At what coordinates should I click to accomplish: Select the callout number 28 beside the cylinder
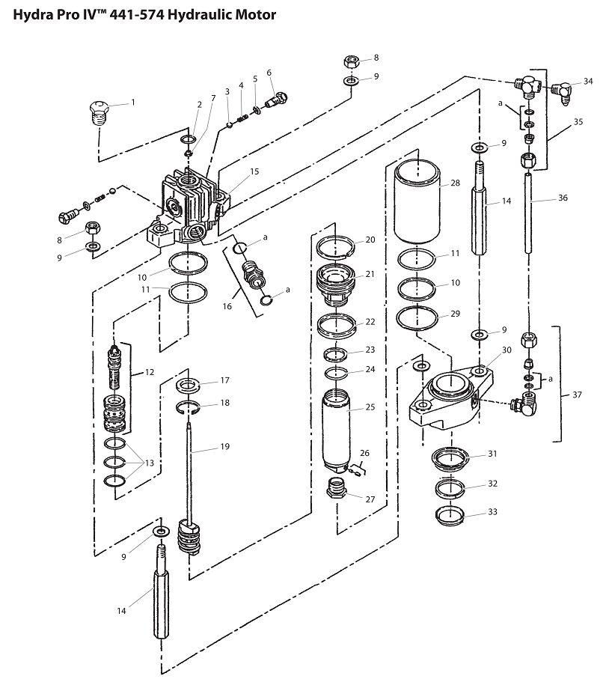coord(455,183)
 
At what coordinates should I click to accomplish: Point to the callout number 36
coord(563,198)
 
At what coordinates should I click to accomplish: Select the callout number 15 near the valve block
coord(254,171)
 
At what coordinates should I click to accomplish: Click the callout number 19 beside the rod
coord(224,447)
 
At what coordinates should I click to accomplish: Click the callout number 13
coord(149,463)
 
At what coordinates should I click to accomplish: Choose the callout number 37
coord(577,394)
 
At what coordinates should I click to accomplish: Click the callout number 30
coord(506,350)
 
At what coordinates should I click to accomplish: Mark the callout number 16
coord(227,306)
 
